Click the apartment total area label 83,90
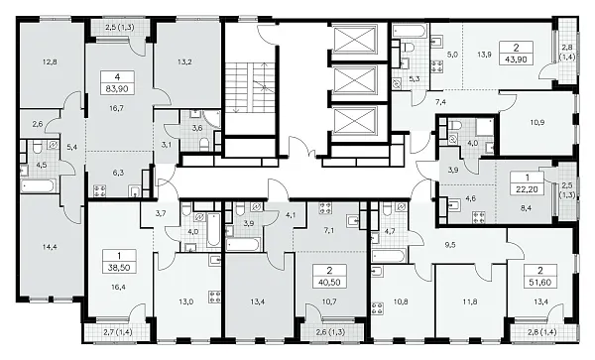point(117,89)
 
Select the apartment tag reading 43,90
point(517,60)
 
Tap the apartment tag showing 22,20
point(527,188)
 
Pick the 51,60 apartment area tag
point(540,283)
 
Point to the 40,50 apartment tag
point(329,283)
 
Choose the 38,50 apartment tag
point(119,268)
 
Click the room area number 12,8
point(51,61)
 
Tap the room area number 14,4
point(50,247)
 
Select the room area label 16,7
point(116,108)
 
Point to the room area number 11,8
point(470,301)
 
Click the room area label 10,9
point(537,122)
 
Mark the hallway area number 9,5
point(450,245)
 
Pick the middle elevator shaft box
point(354,80)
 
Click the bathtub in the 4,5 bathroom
point(39,185)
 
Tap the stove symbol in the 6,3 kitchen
point(100,190)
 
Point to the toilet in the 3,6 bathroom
point(204,144)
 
